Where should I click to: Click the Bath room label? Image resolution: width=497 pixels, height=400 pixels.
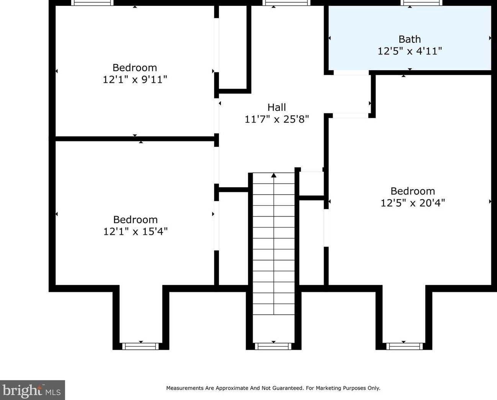coord(409,39)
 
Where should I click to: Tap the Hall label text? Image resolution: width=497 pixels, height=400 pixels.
coord(276,107)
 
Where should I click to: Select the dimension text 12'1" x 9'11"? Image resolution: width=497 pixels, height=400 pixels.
coord(135,80)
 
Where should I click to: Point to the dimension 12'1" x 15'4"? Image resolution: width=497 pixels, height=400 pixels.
coord(135,231)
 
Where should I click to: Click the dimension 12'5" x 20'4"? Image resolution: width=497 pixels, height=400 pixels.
coord(412,203)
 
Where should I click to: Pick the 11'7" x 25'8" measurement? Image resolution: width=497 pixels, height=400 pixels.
coord(276,119)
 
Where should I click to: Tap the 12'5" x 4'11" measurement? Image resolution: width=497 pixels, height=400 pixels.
coord(409,51)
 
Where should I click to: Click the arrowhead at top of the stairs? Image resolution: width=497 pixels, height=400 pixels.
coord(274,175)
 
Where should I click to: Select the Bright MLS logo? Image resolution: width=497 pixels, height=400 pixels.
coord(32,390)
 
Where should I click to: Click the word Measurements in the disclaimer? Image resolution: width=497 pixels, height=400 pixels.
coord(185,388)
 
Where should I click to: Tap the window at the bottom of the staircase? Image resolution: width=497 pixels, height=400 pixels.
coord(273,346)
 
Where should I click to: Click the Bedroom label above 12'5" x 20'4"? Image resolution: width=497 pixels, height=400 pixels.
coord(413,191)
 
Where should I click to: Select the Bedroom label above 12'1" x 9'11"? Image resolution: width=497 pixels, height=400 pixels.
coord(135,68)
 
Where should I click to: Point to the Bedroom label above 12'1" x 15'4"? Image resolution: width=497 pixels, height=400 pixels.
coord(135,220)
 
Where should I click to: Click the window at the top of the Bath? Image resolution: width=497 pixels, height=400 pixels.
coord(421,3)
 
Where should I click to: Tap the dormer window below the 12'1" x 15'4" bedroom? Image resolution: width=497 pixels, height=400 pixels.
coord(141,346)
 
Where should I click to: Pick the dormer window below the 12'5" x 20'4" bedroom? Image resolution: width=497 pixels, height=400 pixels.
coord(404,346)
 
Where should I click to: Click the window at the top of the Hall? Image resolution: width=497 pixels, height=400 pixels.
coord(286,3)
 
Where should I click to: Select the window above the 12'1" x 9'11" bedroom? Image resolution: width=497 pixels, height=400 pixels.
coord(92,3)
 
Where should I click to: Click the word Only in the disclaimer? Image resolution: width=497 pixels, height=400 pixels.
coord(374,388)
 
